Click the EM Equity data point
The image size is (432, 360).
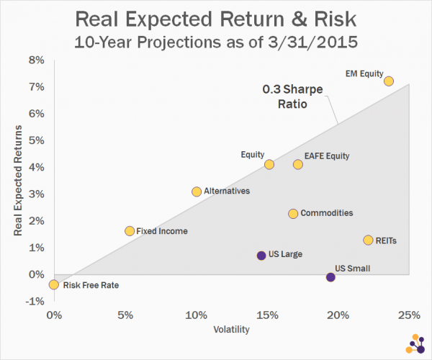pyautogui.click(x=388, y=81)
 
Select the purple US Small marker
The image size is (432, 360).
pyautogui.click(x=330, y=277)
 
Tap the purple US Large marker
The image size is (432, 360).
pyautogui.click(x=261, y=255)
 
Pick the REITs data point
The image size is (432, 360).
pyautogui.click(x=368, y=240)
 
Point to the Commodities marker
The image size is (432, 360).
pyautogui.click(x=293, y=214)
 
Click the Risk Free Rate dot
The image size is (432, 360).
pyautogui.click(x=53, y=284)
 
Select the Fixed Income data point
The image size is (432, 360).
pyautogui.click(x=130, y=231)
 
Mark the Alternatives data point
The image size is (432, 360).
pyautogui.click(x=197, y=192)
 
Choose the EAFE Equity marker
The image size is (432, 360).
pyautogui.click(x=297, y=165)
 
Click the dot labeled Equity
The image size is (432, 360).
pyautogui.click(x=269, y=165)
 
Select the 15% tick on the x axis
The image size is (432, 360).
pyautogui.click(x=266, y=315)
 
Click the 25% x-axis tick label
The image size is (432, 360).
pyautogui.click(x=408, y=315)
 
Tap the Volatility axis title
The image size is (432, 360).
pyautogui.click(x=231, y=330)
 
